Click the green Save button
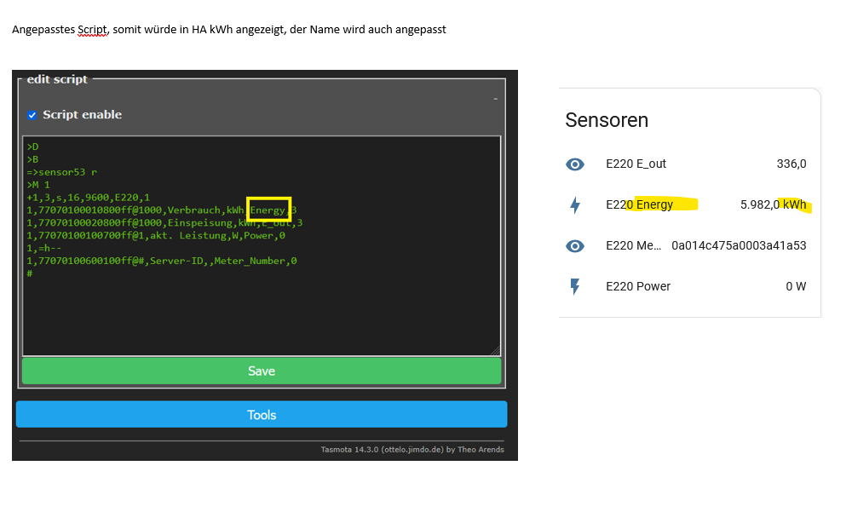(x=262, y=371)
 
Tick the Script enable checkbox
(x=32, y=115)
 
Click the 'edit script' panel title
(x=57, y=79)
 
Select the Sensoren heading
(x=607, y=120)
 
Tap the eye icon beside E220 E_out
(x=575, y=164)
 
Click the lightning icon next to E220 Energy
(x=575, y=205)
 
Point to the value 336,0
(x=792, y=164)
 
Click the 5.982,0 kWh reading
(x=774, y=204)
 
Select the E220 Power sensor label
(x=638, y=286)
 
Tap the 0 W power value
(x=796, y=286)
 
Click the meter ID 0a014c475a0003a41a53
(x=739, y=245)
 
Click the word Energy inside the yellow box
(x=268, y=210)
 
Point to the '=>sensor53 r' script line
(x=62, y=172)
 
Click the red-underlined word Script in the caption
(x=92, y=30)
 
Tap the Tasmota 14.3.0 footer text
(x=412, y=450)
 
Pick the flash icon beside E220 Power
(x=575, y=286)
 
